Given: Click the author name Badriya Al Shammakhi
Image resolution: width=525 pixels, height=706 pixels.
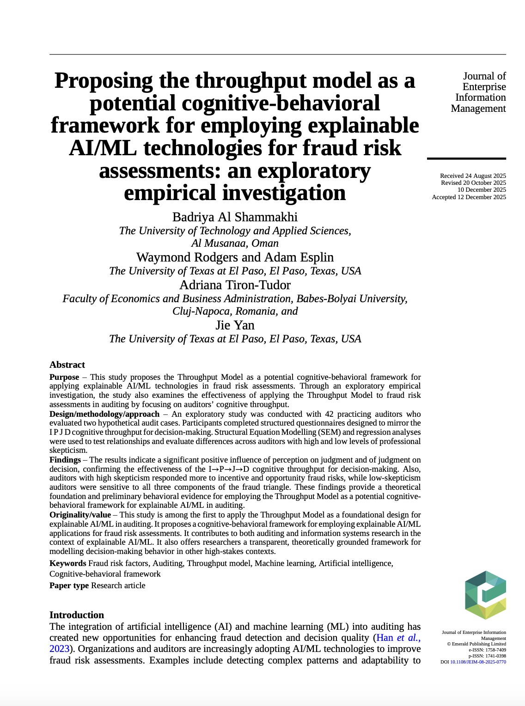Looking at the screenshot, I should [235, 217].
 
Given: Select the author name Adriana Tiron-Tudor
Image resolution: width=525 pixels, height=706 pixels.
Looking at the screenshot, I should [235, 285].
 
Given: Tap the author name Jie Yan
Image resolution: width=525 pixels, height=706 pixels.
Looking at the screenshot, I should [235, 325].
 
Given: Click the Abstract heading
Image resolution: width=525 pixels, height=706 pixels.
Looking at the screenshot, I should [67, 365].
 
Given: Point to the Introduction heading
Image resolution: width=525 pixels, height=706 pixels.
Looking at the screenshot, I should [77, 615].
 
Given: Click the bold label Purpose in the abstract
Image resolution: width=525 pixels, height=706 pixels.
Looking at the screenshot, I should [64, 377].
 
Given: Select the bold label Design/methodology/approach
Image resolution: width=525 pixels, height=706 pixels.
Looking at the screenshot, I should [104, 414].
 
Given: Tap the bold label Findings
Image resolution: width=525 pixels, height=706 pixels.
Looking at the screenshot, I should [65, 460].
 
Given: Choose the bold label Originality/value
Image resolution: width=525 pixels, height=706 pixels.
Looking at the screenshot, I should [80, 515].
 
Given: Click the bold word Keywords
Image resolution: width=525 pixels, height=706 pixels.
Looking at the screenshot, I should [67, 563].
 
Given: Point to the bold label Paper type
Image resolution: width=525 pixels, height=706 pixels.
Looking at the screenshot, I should [69, 585].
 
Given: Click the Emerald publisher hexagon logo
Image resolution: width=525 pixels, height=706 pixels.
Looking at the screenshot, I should [485, 595].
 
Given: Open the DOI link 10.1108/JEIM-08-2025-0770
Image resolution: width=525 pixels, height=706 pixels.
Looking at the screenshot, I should [478, 662].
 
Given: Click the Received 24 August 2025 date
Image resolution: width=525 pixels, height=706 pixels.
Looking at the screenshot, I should [473, 176].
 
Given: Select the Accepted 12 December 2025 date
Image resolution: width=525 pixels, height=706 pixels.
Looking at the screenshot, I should [469, 197].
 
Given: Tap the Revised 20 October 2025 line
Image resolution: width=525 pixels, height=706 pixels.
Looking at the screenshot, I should [473, 183].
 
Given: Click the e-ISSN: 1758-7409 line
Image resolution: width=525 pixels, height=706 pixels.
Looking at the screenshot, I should [487, 650].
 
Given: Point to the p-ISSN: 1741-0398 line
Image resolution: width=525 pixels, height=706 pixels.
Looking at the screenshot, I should [487, 656].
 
